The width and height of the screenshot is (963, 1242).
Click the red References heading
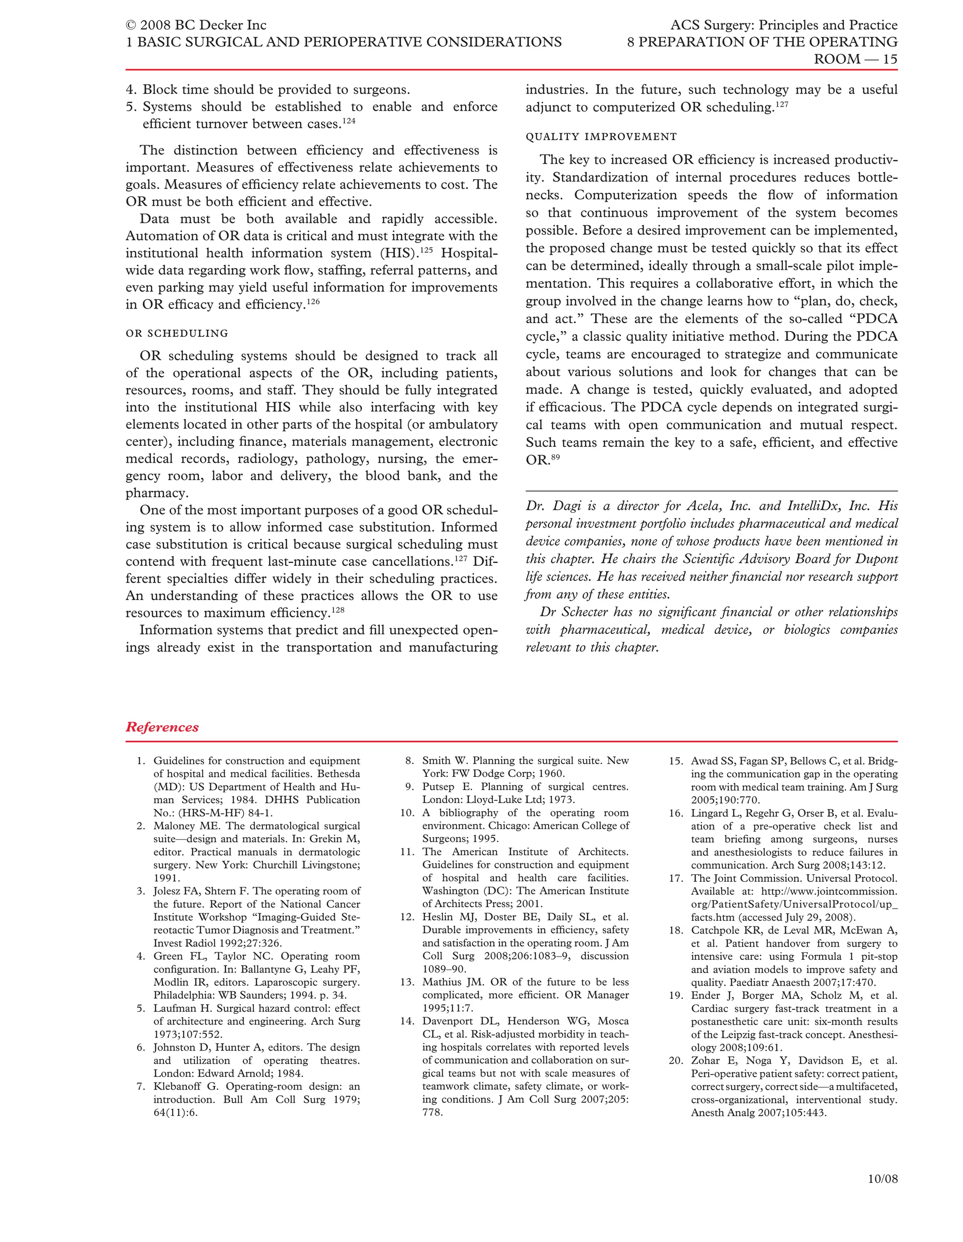162,728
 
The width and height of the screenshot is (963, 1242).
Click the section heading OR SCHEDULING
177,333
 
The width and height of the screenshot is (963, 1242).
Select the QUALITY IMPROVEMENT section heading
601,137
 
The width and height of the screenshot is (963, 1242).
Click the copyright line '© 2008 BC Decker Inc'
196,25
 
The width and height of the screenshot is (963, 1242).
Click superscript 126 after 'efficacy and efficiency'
313,302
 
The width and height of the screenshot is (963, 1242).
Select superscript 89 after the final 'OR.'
555,457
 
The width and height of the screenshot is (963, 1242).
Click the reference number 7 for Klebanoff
142,1087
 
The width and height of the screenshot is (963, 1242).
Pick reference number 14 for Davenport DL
407,1021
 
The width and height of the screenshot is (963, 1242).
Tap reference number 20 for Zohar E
675,1060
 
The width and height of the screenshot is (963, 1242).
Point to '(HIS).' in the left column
399,253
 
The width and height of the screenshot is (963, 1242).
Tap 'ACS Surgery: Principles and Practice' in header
783,25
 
